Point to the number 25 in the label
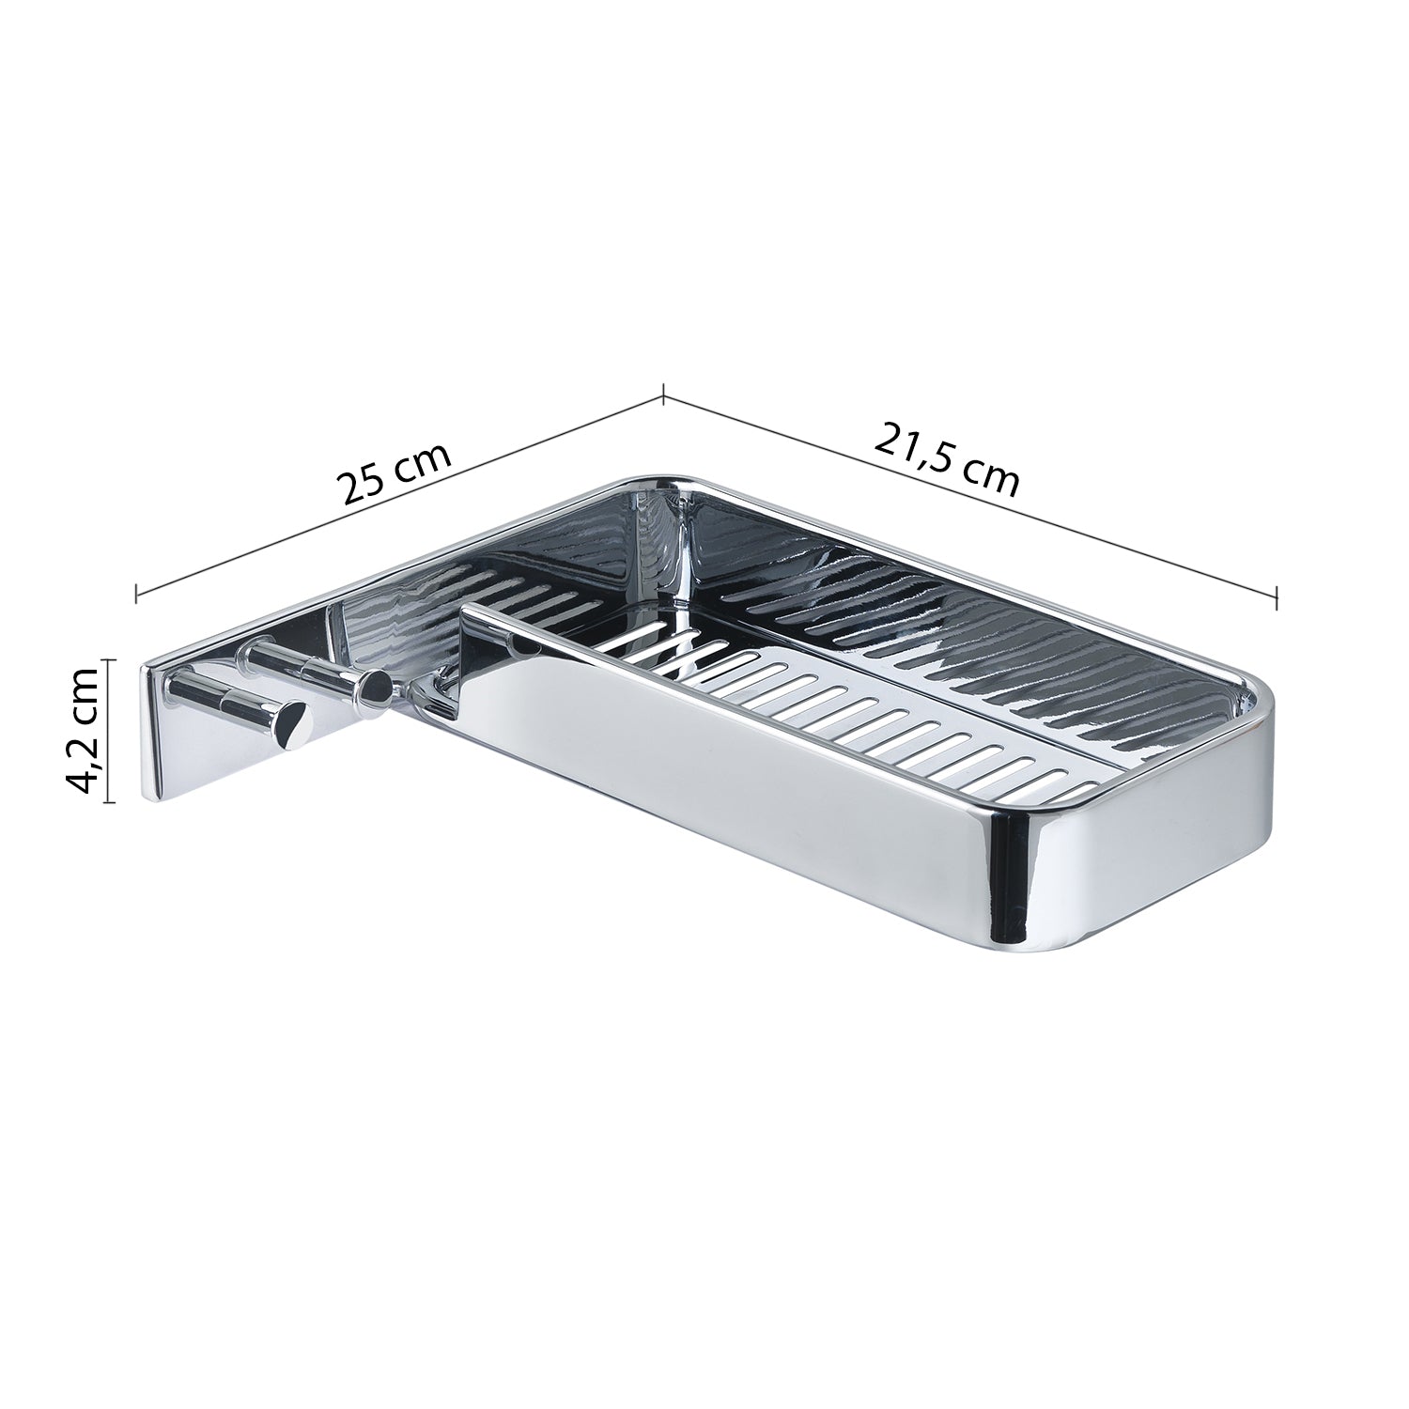[x=363, y=486]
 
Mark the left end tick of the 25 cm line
[x=137, y=593]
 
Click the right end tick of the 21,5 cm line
[x=1277, y=596]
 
